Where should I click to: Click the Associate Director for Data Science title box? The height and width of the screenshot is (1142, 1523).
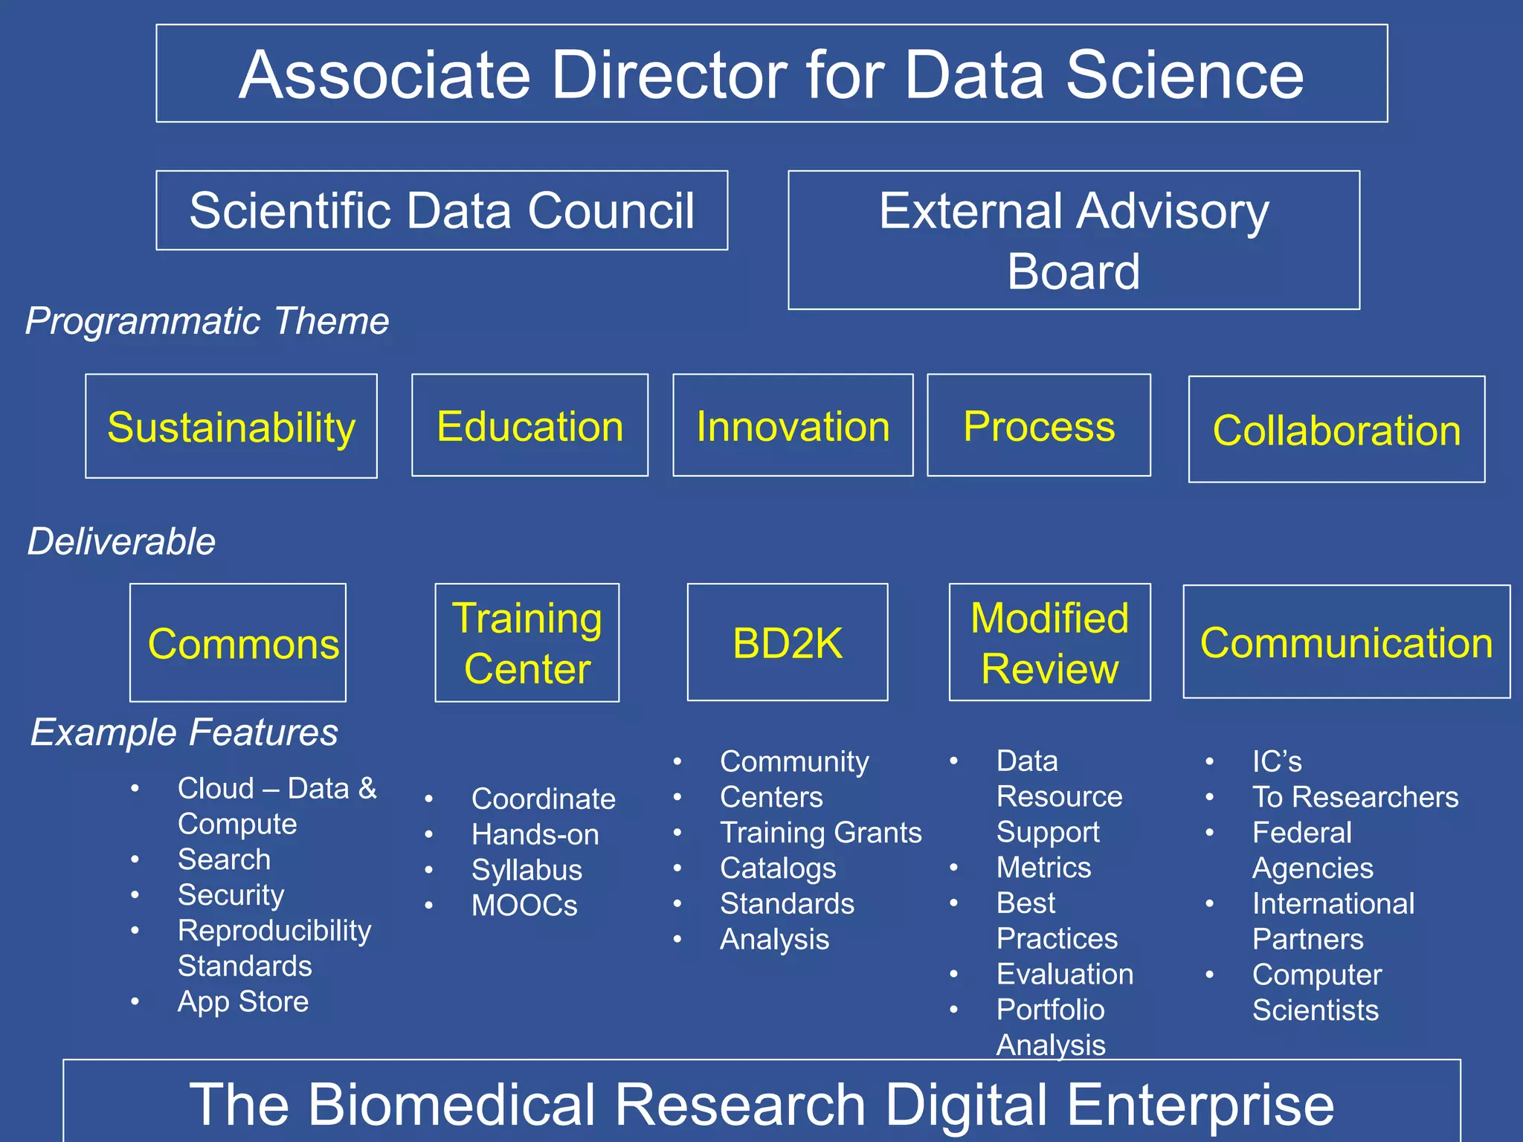pos(771,74)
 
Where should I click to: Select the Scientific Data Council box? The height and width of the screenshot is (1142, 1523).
pos(442,210)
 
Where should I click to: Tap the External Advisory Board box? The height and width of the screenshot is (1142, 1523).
pos(1073,240)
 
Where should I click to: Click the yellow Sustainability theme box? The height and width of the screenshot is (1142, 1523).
pos(231,427)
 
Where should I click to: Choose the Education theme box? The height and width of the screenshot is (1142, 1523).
pos(529,426)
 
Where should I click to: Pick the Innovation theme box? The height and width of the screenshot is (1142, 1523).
pos(793,426)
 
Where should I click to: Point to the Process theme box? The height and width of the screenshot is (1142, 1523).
pos(1039,426)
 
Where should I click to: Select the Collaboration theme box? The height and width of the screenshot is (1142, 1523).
pos(1336,430)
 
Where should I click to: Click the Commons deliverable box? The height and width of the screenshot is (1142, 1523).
pos(238,643)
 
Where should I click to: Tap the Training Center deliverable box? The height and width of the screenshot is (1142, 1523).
pos(527,643)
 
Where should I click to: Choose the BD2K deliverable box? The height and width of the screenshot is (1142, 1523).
pos(788,643)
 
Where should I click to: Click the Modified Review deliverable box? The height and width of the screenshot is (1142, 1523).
pos(1049,643)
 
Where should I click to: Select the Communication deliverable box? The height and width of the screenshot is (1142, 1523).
pos(1346,642)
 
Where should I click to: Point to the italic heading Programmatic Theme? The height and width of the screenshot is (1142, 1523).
pos(207,321)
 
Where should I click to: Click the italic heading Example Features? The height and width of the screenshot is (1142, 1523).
pos(184,732)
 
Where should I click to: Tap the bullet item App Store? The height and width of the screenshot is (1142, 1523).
pos(243,1001)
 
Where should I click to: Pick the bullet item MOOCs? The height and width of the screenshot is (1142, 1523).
pos(524,906)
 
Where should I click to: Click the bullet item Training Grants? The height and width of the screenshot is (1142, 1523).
pos(820,833)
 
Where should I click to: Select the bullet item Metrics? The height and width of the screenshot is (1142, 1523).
pos(1043,868)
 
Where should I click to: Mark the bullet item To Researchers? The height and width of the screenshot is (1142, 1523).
pos(1355,797)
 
